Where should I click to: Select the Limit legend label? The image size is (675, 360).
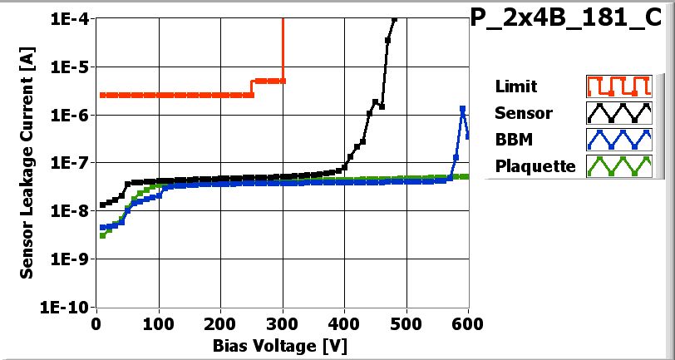tap(515, 86)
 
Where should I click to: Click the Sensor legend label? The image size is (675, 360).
tap(520, 112)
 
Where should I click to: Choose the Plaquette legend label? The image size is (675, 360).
tap(535, 165)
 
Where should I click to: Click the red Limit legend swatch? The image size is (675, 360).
tap(617, 86)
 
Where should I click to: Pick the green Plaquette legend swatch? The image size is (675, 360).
tap(617, 165)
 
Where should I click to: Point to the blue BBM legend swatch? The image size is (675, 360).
tap(617, 139)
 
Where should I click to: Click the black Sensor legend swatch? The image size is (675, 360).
tap(617, 112)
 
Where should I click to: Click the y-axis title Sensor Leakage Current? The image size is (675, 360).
tap(27, 162)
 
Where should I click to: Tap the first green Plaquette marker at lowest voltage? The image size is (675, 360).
tap(102, 235)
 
